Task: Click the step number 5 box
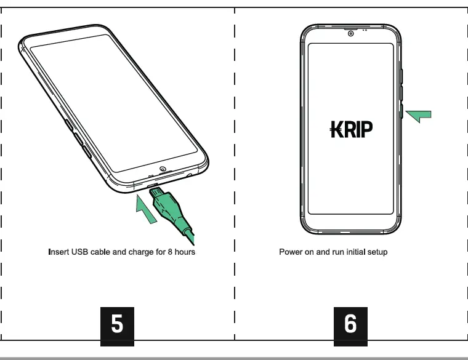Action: tap(116, 324)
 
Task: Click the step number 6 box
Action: tap(350, 324)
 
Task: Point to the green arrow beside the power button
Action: tap(419, 115)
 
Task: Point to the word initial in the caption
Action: tap(354, 252)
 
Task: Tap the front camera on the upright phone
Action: tap(350, 33)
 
